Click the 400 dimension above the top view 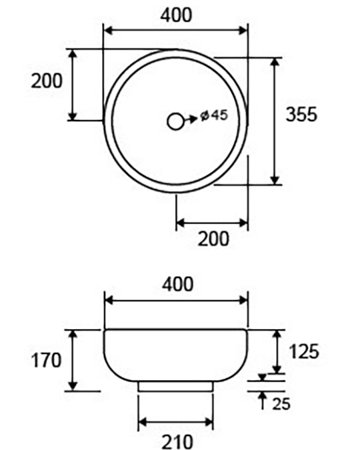click(176, 15)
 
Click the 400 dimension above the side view click(178, 285)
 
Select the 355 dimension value click(301, 114)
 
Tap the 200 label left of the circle click(47, 81)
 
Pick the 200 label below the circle click(213, 239)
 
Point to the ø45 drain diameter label click(214, 115)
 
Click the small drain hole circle click(175, 122)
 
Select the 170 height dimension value click(46, 360)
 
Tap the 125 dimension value click(304, 351)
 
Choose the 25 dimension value click(281, 403)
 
